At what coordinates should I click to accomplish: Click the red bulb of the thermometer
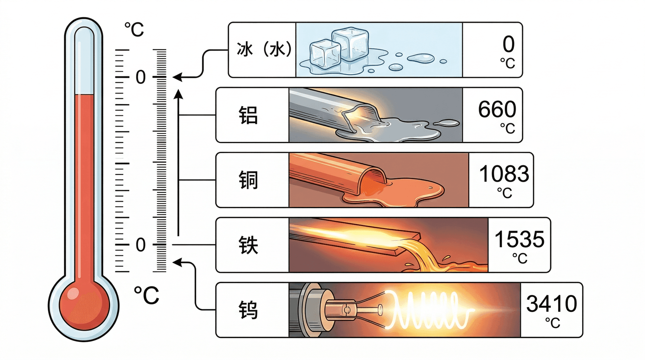click(84, 305)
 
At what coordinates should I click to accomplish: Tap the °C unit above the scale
click(134, 30)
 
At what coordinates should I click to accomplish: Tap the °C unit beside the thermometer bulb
click(146, 295)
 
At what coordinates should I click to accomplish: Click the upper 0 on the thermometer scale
click(141, 78)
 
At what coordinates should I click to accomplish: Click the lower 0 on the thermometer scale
click(141, 245)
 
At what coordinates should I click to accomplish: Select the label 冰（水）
click(264, 50)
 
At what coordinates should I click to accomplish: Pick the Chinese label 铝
click(248, 116)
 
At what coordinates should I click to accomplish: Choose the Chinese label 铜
click(248, 180)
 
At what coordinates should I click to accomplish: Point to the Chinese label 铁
click(248, 245)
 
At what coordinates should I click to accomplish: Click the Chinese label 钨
click(248, 310)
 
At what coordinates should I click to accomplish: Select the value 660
click(497, 109)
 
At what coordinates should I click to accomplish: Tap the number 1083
click(504, 174)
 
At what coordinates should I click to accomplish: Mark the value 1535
click(519, 239)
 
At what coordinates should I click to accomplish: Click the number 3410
click(552, 304)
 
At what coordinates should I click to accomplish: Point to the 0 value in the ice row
click(509, 44)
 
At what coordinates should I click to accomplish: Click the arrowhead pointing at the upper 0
click(177, 78)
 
